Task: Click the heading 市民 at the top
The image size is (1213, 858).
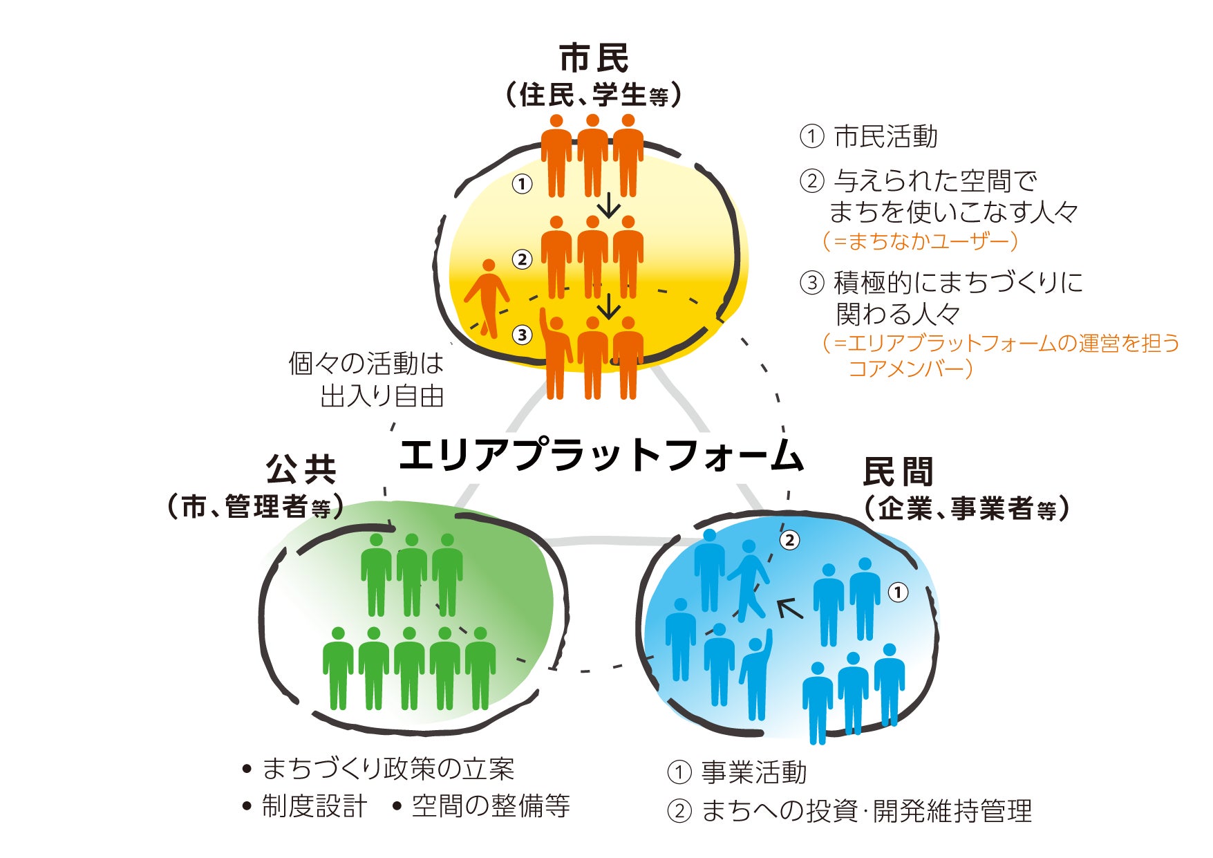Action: pyautogui.click(x=594, y=58)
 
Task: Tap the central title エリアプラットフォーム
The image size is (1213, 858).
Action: pyautogui.click(x=600, y=456)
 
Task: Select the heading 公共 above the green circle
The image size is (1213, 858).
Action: pyautogui.click(x=301, y=470)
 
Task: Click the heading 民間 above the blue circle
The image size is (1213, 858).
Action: pyautogui.click(x=898, y=472)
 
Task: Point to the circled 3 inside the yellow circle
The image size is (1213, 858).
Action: pyautogui.click(x=522, y=335)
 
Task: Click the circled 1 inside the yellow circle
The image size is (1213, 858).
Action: pyautogui.click(x=522, y=184)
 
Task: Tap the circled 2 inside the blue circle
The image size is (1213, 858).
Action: pyautogui.click(x=789, y=540)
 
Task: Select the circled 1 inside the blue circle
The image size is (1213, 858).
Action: pyautogui.click(x=897, y=593)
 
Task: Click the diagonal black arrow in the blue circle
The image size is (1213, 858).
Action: pyautogui.click(x=790, y=608)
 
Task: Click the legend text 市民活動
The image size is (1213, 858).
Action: pyautogui.click(x=885, y=136)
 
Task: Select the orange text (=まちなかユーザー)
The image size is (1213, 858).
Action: pyautogui.click(x=920, y=241)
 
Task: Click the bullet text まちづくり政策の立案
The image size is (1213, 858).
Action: pyautogui.click(x=388, y=768)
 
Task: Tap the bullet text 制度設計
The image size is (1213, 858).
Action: pyautogui.click(x=314, y=806)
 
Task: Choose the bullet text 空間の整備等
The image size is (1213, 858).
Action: pyautogui.click(x=491, y=806)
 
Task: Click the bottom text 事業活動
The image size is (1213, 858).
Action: pyautogui.click(x=754, y=772)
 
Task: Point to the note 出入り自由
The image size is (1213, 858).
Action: pyautogui.click(x=382, y=397)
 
